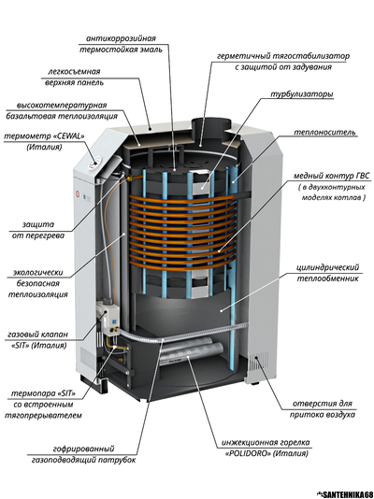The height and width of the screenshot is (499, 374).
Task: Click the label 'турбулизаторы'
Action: click(302, 94)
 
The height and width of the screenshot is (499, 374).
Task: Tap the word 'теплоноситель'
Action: click(324, 132)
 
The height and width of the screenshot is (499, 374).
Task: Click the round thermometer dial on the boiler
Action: click(93, 163)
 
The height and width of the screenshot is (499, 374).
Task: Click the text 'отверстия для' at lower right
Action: click(323, 404)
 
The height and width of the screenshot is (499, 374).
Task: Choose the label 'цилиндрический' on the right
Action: click(328, 267)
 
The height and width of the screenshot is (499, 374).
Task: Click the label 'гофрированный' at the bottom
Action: click(83, 449)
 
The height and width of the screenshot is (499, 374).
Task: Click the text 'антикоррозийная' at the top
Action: click(122, 39)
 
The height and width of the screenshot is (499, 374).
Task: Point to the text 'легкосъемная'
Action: click(74, 71)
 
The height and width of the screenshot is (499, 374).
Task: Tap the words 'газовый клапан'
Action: click(38, 335)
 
